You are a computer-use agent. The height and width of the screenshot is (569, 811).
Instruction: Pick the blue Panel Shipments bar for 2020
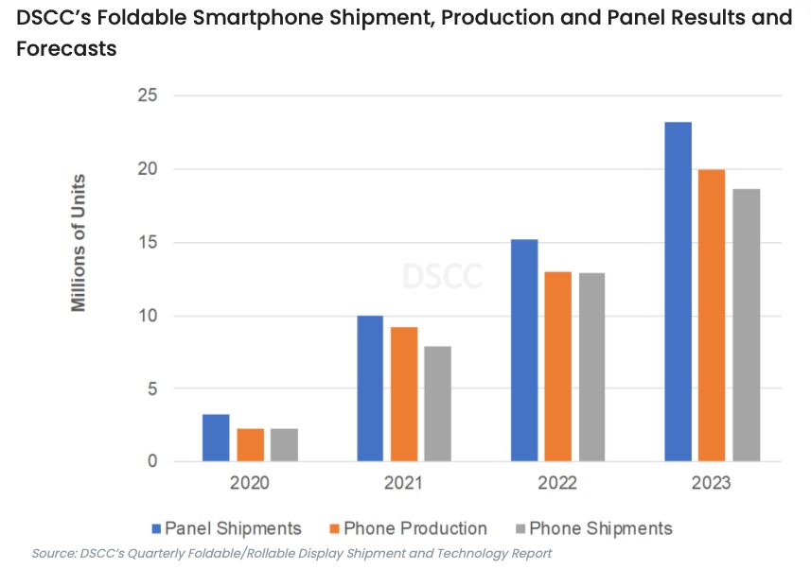[x=216, y=438]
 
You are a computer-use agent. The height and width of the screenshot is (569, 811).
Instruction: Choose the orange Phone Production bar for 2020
[x=250, y=445]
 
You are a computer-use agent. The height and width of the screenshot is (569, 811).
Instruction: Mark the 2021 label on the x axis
[x=404, y=483]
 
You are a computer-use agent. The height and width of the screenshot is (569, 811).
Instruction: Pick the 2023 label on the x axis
[x=711, y=483]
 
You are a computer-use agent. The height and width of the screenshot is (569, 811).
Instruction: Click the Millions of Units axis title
[x=79, y=243]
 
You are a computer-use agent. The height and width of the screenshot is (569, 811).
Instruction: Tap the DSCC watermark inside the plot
[x=442, y=276]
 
